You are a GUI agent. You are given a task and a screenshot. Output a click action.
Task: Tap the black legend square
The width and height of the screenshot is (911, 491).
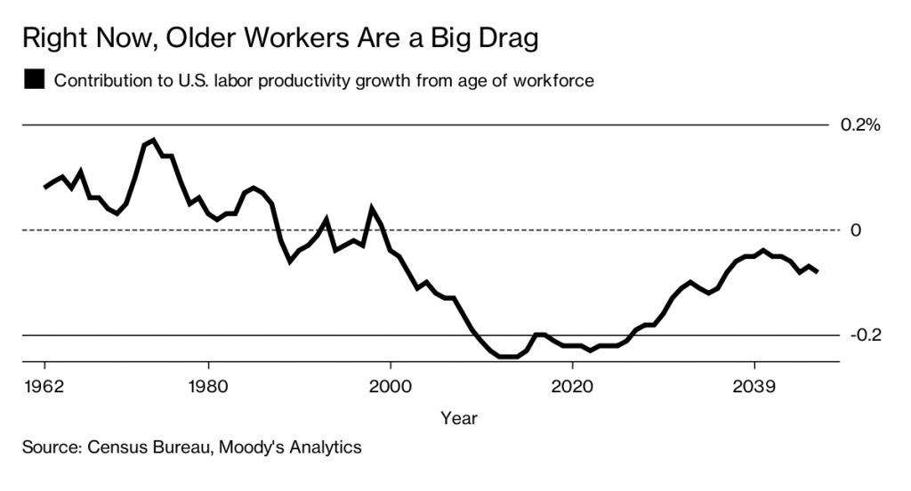[36, 80]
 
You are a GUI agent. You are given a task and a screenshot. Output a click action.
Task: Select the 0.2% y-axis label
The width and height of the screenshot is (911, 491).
[859, 125]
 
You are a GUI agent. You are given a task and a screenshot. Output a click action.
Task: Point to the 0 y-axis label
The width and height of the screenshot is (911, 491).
[856, 230]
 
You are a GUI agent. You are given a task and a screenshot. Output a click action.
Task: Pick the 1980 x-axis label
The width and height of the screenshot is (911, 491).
[208, 388]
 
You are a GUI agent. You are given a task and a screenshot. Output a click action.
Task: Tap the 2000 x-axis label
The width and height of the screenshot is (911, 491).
[391, 388]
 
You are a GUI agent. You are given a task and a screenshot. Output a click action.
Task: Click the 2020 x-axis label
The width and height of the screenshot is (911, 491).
[572, 388]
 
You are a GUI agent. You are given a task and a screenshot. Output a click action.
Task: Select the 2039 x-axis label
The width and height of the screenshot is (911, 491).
[754, 388]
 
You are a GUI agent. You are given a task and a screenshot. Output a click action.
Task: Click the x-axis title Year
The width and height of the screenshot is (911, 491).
[458, 417]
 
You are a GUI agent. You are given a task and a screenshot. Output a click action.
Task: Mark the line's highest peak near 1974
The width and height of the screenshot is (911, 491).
[153, 140]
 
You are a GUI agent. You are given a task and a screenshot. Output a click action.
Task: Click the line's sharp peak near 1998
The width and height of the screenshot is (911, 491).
[372, 209]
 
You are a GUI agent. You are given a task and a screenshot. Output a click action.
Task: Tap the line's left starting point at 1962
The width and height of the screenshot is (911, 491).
[44, 187]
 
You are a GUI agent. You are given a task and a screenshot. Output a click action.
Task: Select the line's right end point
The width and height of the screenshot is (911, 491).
[818, 270]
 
